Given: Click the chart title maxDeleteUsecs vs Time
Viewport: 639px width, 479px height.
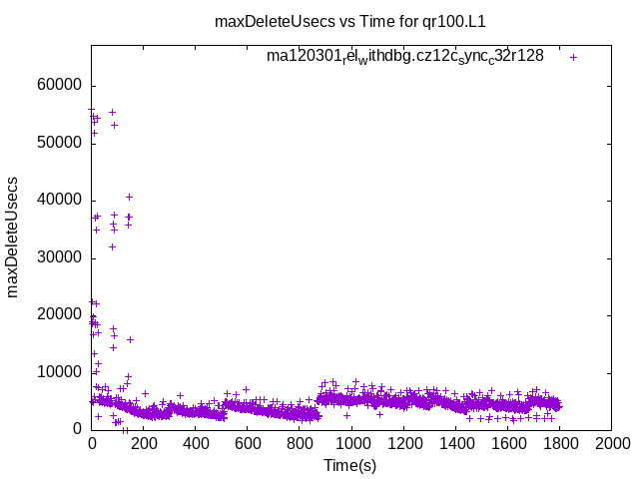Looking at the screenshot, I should [x=356, y=21].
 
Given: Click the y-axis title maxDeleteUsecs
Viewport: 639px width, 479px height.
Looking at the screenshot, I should [x=14, y=238].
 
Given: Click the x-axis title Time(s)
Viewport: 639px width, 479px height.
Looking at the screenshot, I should [x=350, y=464].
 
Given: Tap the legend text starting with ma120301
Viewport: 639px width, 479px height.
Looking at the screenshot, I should [x=404, y=57].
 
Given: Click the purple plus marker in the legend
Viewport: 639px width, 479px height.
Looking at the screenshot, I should [x=573, y=57].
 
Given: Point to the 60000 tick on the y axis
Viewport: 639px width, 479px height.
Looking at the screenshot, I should [x=60, y=86].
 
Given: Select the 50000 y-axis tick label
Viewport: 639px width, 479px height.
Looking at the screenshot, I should [x=60, y=143].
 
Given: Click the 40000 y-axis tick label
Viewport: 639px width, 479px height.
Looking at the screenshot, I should [x=60, y=201].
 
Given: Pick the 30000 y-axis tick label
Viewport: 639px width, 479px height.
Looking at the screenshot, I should [x=60, y=257].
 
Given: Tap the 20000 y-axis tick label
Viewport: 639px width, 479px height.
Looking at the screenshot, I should [x=60, y=314].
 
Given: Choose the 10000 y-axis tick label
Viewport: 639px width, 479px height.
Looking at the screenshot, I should [x=60, y=372].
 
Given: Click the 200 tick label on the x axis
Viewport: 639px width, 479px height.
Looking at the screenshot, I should [x=143, y=443].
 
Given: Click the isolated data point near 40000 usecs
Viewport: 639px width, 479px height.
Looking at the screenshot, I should [x=129, y=197].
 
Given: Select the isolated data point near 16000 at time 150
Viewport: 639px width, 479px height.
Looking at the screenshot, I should [x=130, y=339].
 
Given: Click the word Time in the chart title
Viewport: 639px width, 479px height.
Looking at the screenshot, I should [x=374, y=21].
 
